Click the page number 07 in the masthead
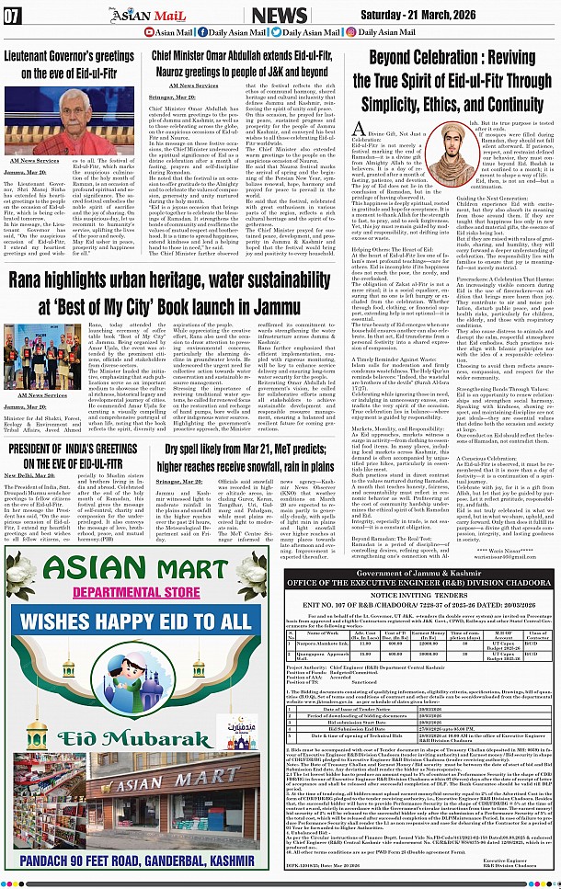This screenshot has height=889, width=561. coord(13,14)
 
